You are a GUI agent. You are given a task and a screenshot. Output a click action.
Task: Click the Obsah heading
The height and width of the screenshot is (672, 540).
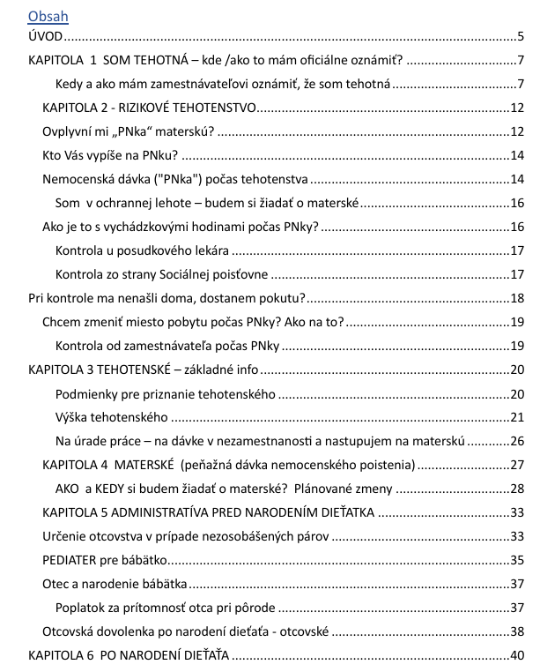48,16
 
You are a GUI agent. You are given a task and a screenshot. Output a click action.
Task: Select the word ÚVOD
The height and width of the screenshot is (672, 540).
46,37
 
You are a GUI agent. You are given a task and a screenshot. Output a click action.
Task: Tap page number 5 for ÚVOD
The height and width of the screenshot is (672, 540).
521,37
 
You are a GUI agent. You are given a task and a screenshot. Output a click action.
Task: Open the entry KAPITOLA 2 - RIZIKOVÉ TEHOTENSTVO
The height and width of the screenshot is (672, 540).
149,108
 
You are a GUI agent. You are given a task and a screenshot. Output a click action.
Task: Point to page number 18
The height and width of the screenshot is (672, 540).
517,297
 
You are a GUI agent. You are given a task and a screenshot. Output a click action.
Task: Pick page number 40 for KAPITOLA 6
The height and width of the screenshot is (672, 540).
517,654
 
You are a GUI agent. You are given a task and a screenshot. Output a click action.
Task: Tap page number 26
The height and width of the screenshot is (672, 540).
517,440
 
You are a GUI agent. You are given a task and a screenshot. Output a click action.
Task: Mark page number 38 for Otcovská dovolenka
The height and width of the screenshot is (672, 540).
517,631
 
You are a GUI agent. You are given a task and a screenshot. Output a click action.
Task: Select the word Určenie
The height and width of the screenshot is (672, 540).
64,535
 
